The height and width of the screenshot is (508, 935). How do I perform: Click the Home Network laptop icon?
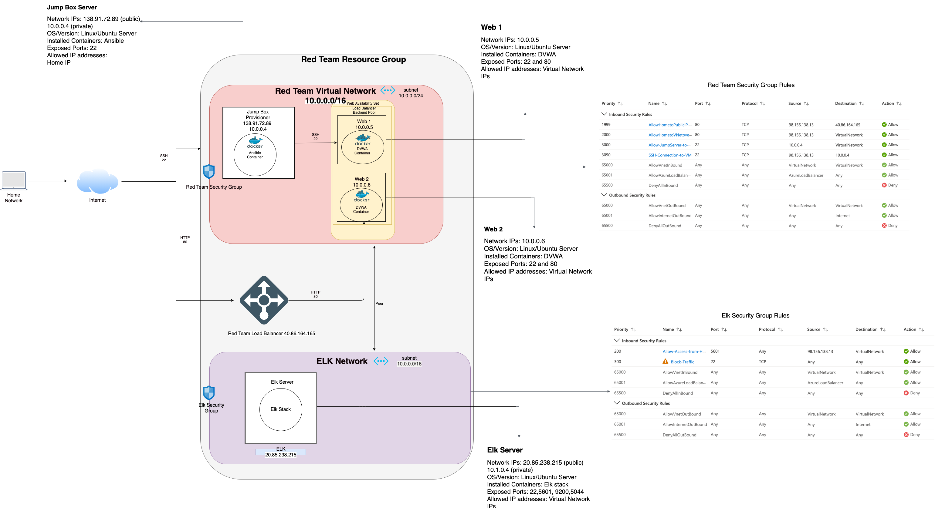point(14,180)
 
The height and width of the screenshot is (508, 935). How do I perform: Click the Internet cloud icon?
point(97,181)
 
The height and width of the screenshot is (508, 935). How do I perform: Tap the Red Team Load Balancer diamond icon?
point(264,300)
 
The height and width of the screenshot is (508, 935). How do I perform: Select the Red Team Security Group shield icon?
point(209,172)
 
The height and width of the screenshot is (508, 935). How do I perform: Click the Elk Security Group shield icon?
point(209,393)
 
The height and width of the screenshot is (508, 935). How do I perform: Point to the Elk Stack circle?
point(281,409)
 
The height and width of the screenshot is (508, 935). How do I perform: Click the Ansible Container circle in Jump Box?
point(255,155)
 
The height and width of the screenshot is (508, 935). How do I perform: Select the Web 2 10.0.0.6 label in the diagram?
point(361,182)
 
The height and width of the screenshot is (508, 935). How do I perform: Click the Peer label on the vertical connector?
point(379,303)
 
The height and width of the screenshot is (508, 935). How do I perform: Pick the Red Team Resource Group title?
point(353,59)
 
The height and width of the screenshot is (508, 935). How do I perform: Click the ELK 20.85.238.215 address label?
point(281,452)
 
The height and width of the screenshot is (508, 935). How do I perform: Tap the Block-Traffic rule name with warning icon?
point(682,362)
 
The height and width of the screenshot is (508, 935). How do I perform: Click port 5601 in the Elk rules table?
point(715,351)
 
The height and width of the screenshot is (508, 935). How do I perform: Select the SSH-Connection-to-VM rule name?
point(670,155)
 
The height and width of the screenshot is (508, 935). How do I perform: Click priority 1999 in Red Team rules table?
point(606,124)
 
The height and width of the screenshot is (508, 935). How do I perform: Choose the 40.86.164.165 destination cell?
point(848,125)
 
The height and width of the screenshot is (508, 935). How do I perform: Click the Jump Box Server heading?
point(72,7)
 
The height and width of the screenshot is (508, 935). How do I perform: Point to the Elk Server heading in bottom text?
point(504,450)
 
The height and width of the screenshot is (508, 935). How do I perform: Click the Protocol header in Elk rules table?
point(767,329)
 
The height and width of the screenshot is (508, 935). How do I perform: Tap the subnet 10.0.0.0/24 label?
point(411,93)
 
